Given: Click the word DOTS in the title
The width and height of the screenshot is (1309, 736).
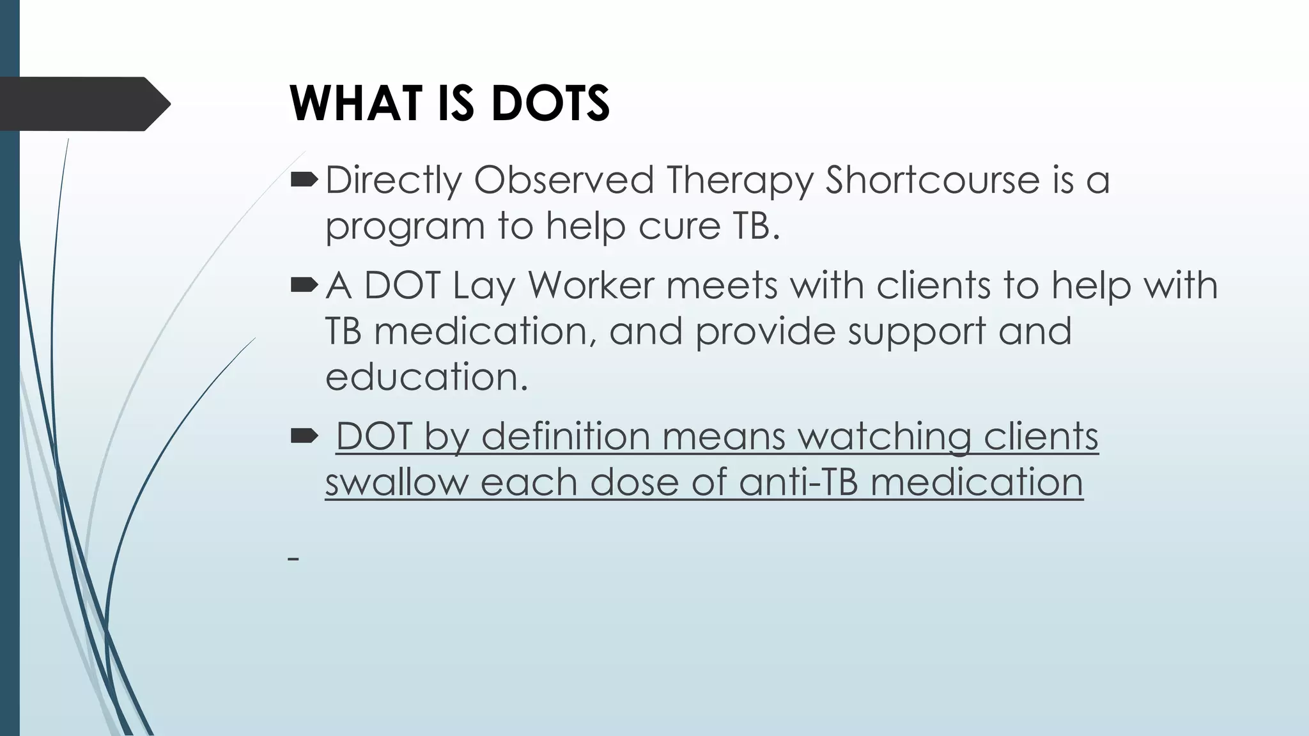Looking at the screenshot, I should (550, 103).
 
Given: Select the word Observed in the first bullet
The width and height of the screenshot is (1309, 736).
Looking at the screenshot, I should (564, 180).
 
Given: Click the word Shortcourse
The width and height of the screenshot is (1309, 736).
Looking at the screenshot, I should (932, 180).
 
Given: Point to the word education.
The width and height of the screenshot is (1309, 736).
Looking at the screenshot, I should (426, 377).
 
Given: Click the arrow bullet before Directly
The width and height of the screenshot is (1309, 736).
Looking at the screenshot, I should (304, 181).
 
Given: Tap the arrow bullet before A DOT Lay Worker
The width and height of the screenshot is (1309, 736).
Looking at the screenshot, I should (304, 286).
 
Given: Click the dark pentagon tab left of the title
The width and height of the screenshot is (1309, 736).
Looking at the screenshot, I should (83, 103).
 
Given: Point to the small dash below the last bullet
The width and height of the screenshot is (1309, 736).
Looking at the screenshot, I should (293, 559).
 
